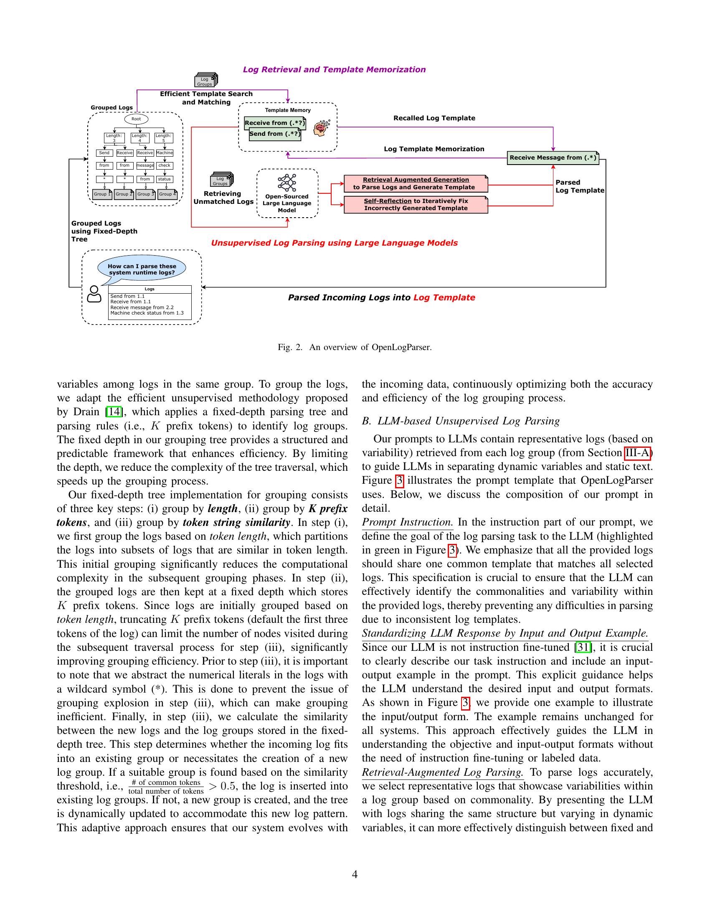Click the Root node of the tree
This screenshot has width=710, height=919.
point(136,119)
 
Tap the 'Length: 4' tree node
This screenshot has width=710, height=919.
point(139,137)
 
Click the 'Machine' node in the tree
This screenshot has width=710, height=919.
point(165,153)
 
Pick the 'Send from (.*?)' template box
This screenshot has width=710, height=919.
point(275,134)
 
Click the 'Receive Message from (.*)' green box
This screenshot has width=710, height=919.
point(553,158)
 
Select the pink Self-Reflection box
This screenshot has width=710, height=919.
point(416,205)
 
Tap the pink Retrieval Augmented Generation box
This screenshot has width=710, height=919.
point(416,183)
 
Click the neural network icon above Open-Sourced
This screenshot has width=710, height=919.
point(287,183)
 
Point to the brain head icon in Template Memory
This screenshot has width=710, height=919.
point(321,127)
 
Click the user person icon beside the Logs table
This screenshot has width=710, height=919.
point(94,294)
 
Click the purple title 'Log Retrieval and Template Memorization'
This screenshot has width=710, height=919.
point(334,69)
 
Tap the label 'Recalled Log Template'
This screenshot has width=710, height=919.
point(434,118)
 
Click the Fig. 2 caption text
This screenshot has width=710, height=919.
point(355,347)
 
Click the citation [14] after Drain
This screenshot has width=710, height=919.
point(113,412)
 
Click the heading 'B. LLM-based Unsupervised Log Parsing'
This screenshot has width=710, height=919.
point(461,421)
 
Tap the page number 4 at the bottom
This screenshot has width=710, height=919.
point(355,874)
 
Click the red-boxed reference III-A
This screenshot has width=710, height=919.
point(637,453)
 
